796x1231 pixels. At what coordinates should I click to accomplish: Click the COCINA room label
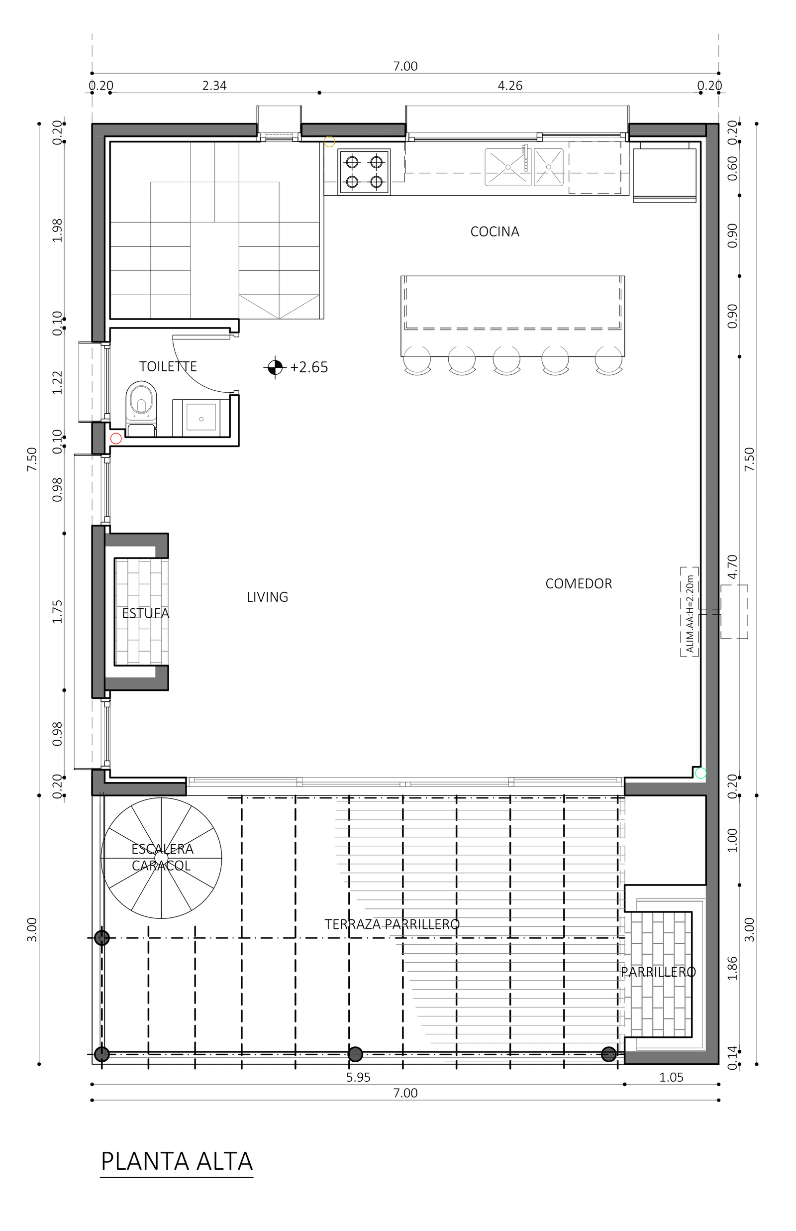495,231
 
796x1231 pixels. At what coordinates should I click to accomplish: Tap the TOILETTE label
168,366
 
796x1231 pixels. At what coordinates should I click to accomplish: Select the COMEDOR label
579,584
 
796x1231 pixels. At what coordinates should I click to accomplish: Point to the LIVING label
267,597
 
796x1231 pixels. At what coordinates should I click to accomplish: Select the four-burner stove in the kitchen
364,172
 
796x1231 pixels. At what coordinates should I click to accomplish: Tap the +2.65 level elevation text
309,367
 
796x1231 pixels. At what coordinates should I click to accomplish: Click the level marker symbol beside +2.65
275,367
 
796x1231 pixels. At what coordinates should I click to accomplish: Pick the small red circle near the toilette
116,439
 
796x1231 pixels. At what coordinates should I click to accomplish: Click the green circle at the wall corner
700,774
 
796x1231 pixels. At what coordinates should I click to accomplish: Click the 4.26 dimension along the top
510,86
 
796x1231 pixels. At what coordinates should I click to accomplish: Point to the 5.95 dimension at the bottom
358,1078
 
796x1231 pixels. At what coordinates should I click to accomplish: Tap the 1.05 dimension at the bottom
671,1078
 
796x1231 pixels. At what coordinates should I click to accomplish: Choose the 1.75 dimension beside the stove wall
57,612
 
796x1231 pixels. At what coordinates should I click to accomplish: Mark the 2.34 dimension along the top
214,86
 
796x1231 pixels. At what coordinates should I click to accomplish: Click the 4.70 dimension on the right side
732,566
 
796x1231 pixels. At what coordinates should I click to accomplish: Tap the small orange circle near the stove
329,142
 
